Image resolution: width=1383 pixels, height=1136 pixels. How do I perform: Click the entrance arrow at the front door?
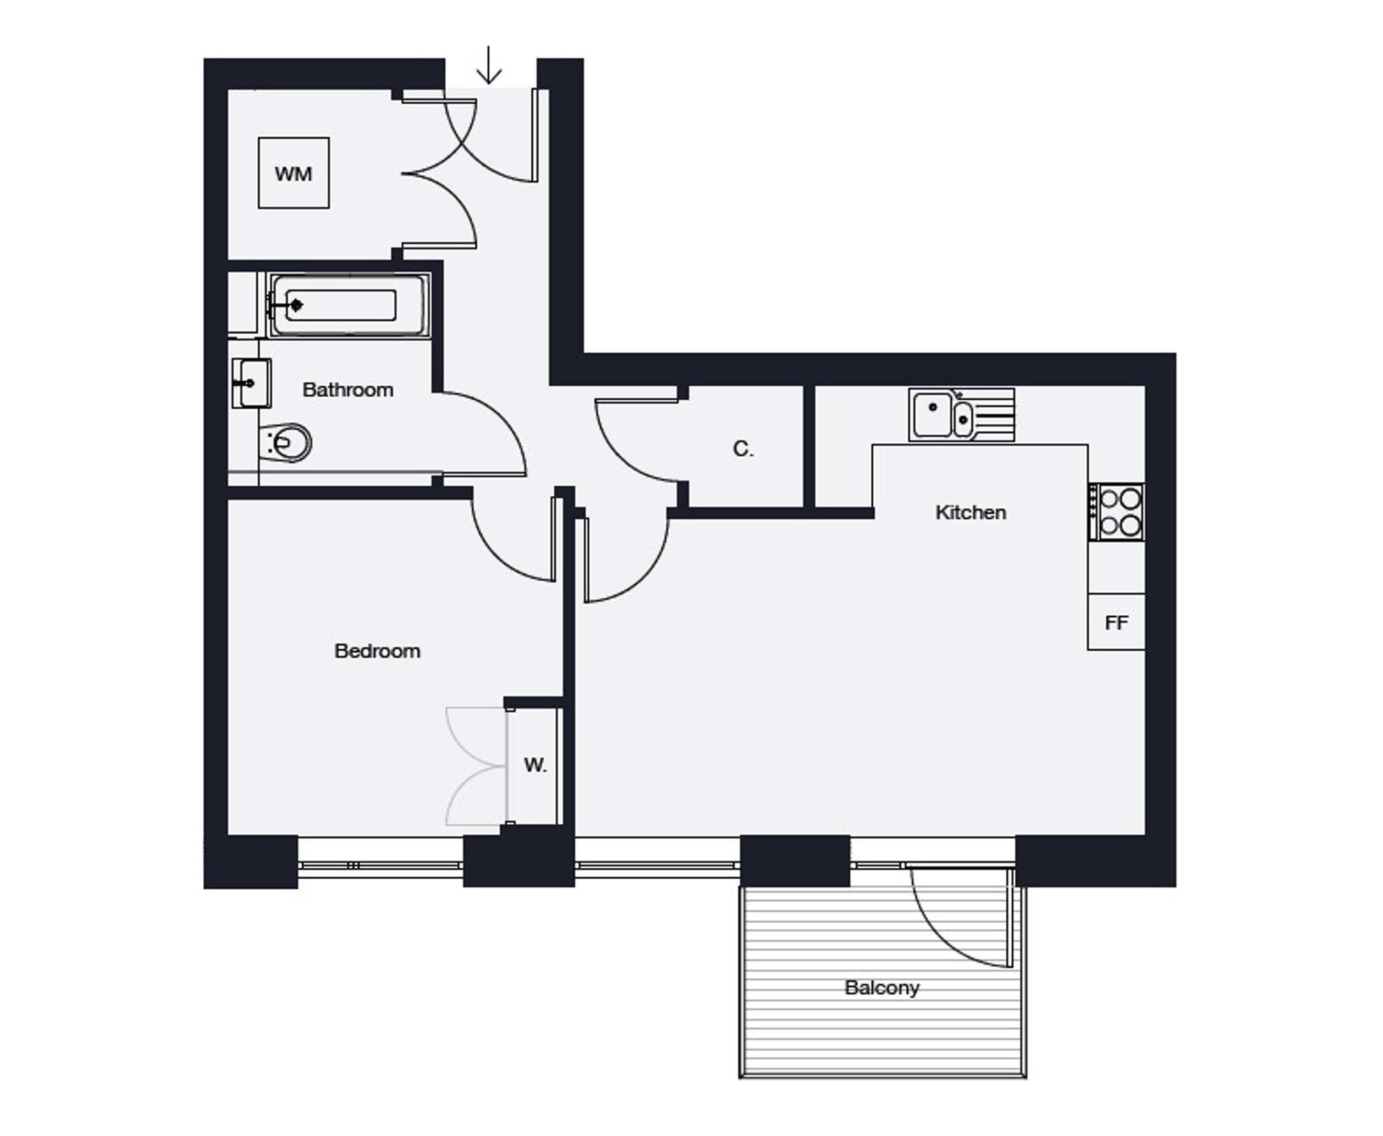(489, 65)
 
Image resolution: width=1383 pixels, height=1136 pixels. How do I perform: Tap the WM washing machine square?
(294, 173)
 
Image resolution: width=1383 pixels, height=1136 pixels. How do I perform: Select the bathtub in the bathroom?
(349, 305)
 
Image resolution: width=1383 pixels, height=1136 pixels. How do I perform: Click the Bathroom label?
(348, 390)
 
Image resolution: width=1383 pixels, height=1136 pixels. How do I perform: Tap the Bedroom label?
(378, 651)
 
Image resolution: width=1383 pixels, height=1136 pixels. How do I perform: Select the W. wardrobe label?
(535, 764)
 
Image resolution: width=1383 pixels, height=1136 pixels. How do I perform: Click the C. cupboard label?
(743, 449)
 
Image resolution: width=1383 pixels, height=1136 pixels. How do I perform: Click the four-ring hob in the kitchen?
(1116, 512)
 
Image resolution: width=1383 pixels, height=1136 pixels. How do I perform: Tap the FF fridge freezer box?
(1116, 622)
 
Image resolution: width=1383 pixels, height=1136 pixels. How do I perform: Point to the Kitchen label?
(971, 512)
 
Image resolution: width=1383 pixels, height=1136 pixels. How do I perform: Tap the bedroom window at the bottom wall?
(381, 865)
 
